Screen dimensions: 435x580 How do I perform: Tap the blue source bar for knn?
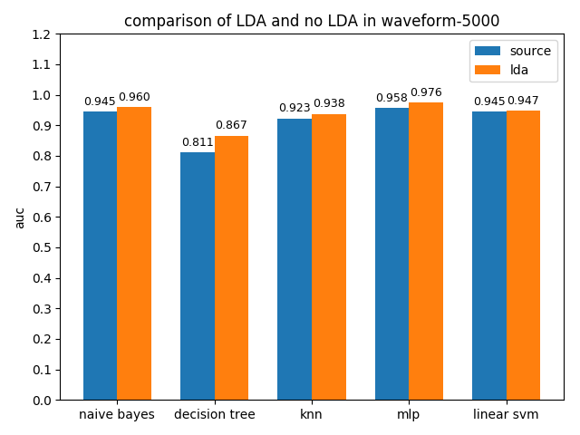pos(295,259)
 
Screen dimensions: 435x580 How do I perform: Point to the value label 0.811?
pos(198,142)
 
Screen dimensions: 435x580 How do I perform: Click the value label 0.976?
pos(426,92)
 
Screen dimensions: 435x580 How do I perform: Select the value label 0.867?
pos(231,125)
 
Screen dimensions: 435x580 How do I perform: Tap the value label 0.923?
pos(295,108)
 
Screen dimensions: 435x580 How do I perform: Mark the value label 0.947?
pos(523,101)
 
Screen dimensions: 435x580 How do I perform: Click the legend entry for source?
pos(529,51)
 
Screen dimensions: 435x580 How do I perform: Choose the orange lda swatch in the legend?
pos(488,70)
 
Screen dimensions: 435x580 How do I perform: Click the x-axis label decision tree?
pos(215,415)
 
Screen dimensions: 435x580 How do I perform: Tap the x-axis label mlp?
pos(409,415)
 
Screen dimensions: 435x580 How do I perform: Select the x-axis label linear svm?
pos(506,415)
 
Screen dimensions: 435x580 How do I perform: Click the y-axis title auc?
pos(20,217)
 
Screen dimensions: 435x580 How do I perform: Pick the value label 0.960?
pos(134,97)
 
